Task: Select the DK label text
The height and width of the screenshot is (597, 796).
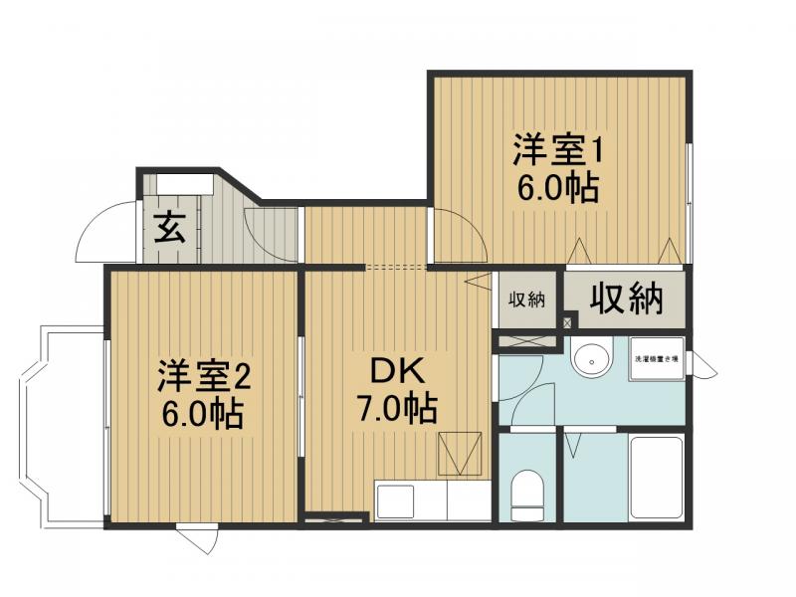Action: (398, 372)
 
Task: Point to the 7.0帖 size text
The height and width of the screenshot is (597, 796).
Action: (398, 407)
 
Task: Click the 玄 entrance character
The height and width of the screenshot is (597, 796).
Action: (169, 230)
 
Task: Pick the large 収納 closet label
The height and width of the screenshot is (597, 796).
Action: (626, 298)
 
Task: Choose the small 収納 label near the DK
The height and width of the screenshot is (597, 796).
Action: (527, 299)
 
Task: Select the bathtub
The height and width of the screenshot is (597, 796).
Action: (657, 478)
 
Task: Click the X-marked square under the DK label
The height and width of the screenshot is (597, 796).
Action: (462, 454)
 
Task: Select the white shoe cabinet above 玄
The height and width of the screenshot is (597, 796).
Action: (185, 184)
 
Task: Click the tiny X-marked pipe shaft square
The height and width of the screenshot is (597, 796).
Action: (569, 321)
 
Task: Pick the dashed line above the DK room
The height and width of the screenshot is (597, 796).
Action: (397, 267)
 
